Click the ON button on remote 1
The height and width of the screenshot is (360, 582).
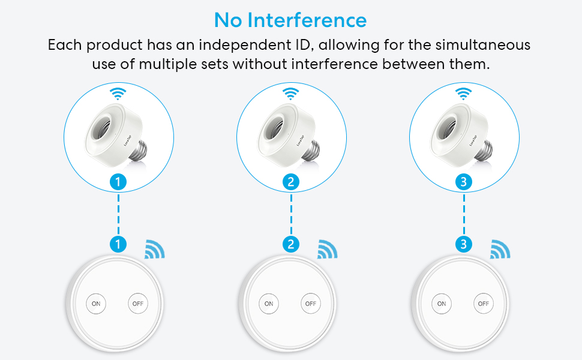(96, 304)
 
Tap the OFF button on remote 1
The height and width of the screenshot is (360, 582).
(137, 304)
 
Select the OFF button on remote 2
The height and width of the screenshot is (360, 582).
(310, 304)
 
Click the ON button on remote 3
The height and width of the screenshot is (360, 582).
(442, 304)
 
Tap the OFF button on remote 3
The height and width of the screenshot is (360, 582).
(483, 304)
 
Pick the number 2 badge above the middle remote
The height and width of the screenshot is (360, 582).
(291, 244)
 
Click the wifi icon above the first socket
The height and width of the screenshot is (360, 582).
(118, 93)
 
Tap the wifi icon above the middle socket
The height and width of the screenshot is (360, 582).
(291, 93)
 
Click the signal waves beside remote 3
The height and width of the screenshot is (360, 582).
(500, 249)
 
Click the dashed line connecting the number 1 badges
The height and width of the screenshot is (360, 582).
(118, 213)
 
